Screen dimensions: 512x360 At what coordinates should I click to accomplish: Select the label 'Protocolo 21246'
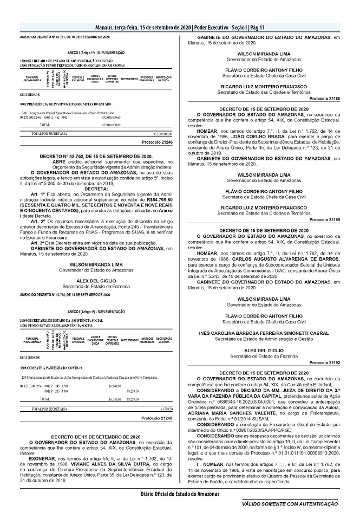[x=156, y=141]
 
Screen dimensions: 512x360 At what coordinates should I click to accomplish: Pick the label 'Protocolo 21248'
[x=156, y=418]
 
